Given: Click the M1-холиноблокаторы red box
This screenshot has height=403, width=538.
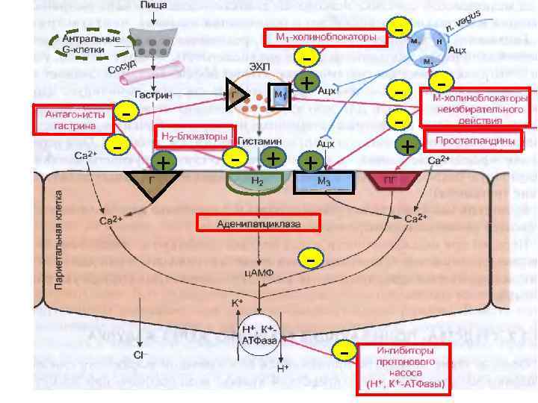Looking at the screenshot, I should pyautogui.click(x=326, y=37).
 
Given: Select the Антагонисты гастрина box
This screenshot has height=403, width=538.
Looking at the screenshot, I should pyautogui.click(x=71, y=120).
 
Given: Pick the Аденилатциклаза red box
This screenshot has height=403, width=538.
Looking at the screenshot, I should pyautogui.click(x=258, y=222).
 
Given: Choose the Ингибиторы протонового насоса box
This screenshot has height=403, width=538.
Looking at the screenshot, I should pyautogui.click(x=404, y=367).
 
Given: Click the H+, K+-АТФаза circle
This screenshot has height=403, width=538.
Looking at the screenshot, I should pyautogui.click(x=256, y=334).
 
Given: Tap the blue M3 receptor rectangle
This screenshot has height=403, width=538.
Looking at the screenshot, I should pyautogui.click(x=325, y=182).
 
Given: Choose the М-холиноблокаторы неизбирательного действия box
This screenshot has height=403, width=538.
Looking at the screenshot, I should pyautogui.click(x=475, y=107).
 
